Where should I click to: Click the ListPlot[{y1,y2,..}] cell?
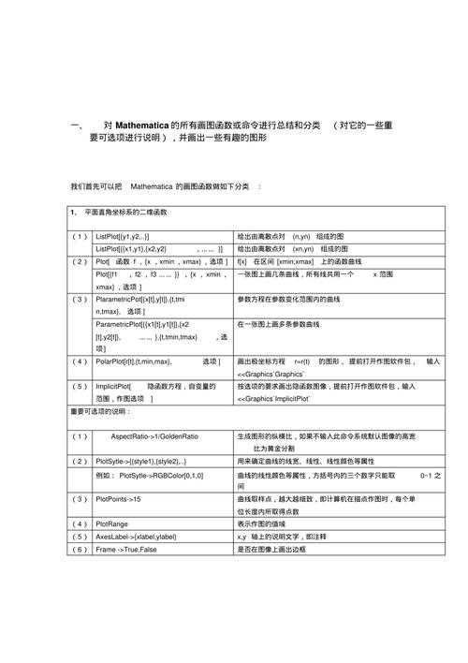pos(123,237)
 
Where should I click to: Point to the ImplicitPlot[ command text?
pos(113,386)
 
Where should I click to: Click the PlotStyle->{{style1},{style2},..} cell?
pos(141,462)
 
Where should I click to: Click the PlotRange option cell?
pos(112,524)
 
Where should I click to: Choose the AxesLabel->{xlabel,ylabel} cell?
pos(136,537)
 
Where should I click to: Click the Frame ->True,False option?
pos(130,549)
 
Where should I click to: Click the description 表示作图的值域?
pos(263,524)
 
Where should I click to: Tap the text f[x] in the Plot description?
pos(242,261)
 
